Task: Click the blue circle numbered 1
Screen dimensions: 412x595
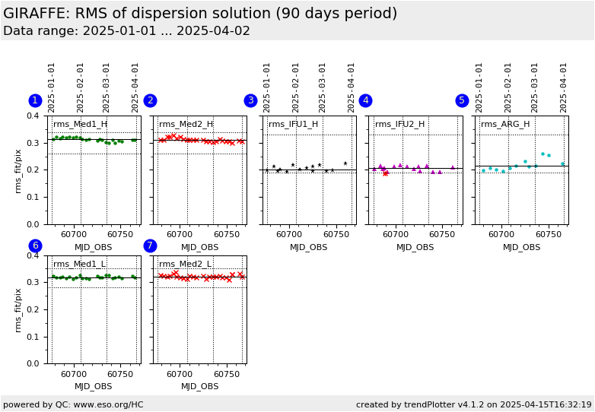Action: click(x=35, y=100)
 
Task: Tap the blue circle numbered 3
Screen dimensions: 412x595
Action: click(x=250, y=100)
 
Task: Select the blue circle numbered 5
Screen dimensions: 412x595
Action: click(x=462, y=100)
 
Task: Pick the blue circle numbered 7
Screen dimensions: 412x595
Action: click(x=150, y=246)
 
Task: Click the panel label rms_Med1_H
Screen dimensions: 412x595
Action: click(x=80, y=124)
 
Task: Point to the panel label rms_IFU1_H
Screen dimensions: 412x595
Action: click(x=293, y=124)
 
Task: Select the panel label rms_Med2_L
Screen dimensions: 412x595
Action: click(x=186, y=264)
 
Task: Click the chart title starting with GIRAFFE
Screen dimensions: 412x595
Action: click(x=200, y=14)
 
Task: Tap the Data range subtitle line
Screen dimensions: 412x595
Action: click(x=126, y=31)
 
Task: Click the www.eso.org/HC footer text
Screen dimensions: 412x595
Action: click(x=73, y=404)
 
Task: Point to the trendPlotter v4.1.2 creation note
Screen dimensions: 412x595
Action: click(x=473, y=404)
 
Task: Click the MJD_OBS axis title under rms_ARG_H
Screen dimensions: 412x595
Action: click(x=521, y=247)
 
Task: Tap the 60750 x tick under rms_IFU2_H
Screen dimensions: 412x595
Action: click(x=442, y=235)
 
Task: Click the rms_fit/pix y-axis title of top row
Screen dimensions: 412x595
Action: click(x=18, y=170)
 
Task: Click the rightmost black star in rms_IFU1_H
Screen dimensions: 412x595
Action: click(x=345, y=163)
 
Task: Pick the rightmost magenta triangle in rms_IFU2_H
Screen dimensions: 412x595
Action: click(x=452, y=167)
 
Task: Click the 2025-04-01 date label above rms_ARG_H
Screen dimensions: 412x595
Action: click(x=564, y=87)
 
